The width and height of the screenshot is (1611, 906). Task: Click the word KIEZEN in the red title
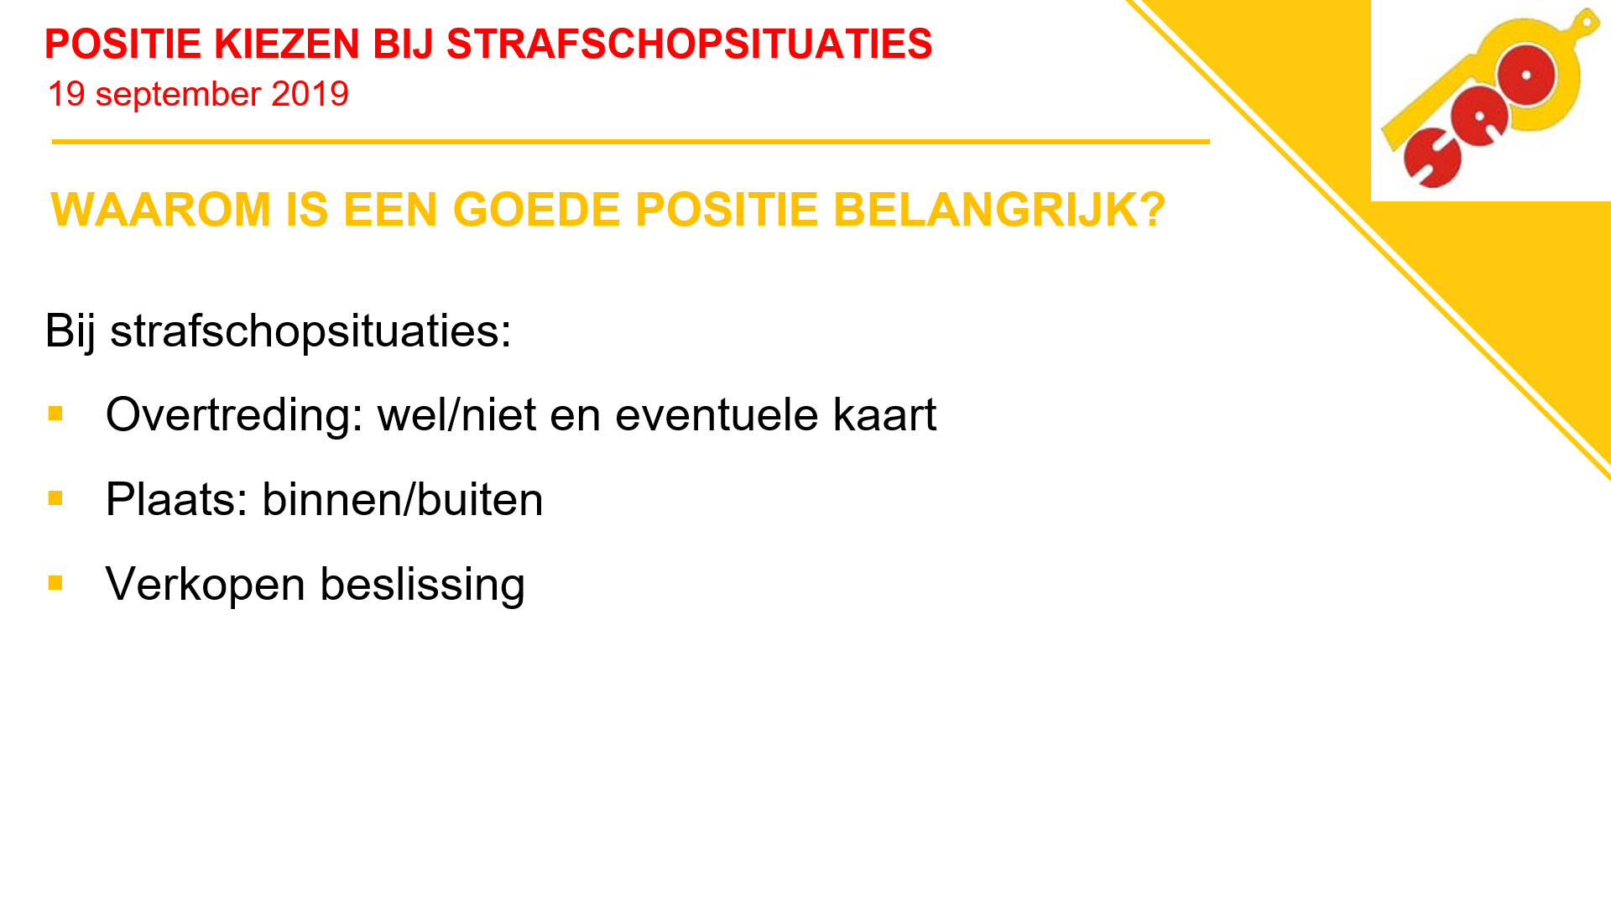(x=287, y=44)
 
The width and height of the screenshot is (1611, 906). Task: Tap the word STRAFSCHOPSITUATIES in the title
(x=689, y=44)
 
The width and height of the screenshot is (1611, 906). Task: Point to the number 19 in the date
(x=66, y=94)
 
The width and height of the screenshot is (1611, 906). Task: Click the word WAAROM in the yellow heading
(x=161, y=209)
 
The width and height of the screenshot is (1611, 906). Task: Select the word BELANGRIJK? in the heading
(x=999, y=209)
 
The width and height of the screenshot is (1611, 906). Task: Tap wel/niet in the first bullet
(x=456, y=414)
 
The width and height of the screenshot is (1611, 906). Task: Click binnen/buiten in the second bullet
(x=403, y=499)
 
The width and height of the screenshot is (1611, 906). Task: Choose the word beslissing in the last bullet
(x=423, y=585)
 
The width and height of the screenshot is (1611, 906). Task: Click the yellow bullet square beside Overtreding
(x=55, y=413)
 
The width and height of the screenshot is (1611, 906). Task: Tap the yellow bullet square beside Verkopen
(x=55, y=582)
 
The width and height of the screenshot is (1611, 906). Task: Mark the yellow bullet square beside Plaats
(x=55, y=497)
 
